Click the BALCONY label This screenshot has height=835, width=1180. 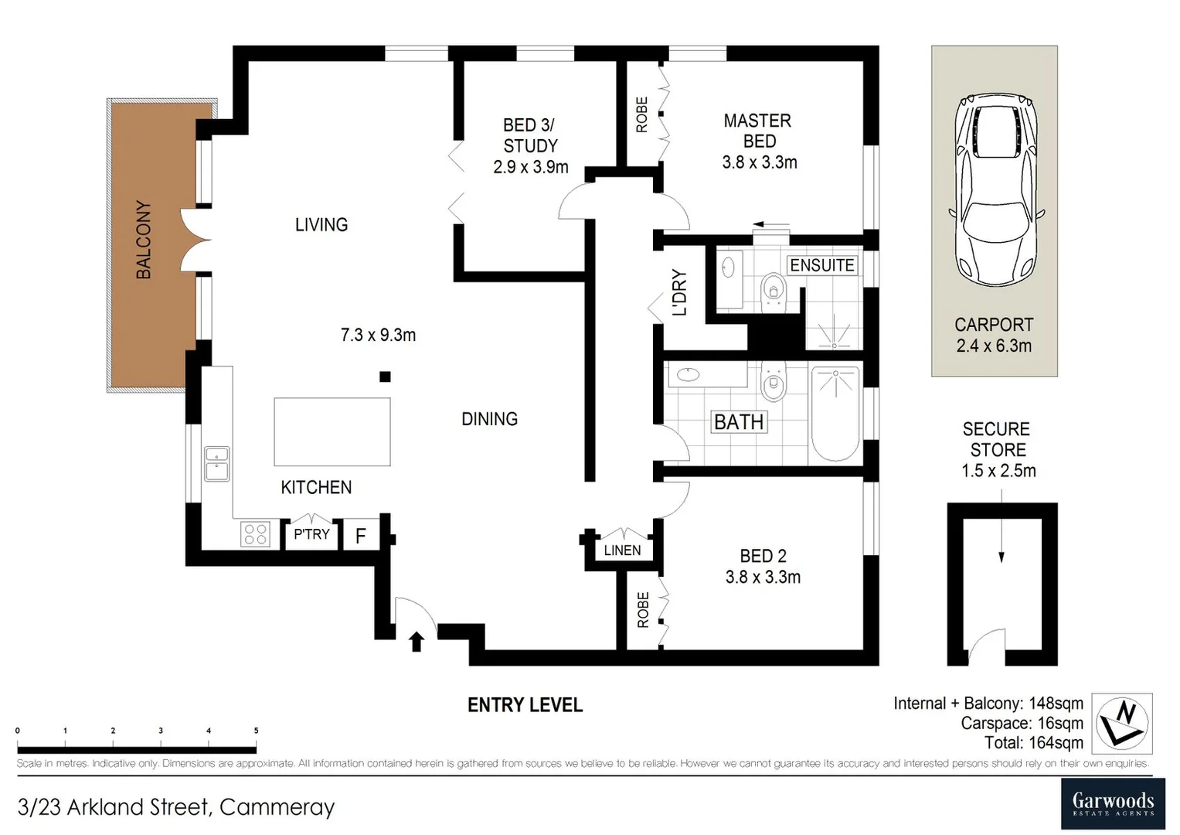point(144,240)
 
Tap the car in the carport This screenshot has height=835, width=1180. point(995,190)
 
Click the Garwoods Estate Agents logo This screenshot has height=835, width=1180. point(1113,803)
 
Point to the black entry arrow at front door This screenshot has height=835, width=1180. point(417,641)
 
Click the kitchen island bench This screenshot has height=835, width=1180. point(332,431)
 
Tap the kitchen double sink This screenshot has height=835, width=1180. point(216,464)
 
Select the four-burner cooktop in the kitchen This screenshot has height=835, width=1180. point(255,534)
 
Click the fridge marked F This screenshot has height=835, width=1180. point(360,536)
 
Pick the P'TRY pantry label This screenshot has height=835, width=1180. point(311,534)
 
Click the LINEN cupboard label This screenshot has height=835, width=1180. point(622,550)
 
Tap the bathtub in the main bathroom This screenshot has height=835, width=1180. point(835,414)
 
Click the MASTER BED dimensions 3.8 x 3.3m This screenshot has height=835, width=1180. point(760,162)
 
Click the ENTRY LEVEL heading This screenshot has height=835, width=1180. point(525,705)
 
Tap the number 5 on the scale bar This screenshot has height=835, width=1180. point(256,731)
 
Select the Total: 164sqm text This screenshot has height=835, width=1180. point(1033,743)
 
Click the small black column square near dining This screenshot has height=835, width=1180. point(385,377)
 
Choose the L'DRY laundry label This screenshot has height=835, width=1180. point(679,292)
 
